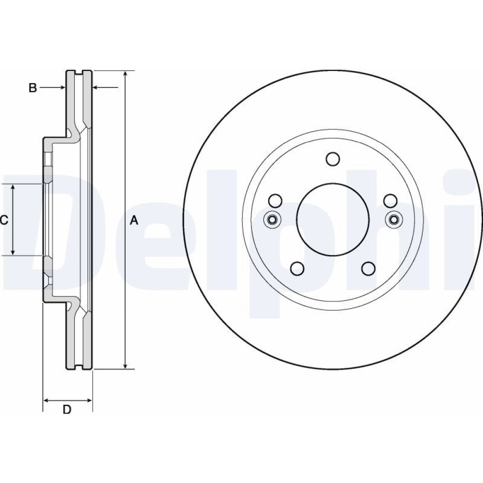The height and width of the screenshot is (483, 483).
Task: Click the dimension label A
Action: pos(134,220)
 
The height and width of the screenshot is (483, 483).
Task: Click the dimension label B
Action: pos(33,88)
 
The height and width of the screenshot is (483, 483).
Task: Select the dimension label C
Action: pos(3,220)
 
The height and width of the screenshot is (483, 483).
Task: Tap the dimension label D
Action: pos(67,410)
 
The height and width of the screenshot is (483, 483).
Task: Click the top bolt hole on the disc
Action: pos(333,159)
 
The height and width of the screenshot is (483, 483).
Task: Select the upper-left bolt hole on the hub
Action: pos(275,201)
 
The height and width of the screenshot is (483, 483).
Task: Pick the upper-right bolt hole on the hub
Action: pos(390,201)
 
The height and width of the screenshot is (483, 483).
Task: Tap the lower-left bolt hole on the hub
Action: pos(297,269)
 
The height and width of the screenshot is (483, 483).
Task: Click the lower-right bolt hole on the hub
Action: pos(368,269)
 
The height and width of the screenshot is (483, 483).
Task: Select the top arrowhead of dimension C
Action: pos(13,188)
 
